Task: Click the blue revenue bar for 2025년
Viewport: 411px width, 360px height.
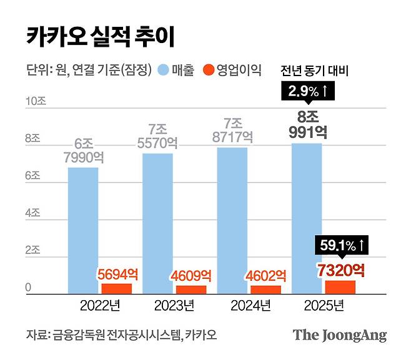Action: point(307,218)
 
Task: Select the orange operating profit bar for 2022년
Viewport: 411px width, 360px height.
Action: point(117,288)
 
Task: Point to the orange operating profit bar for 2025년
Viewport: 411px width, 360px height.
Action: point(340,286)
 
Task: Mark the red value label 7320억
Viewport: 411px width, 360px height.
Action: point(340,270)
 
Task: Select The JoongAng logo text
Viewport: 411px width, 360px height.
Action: point(340,334)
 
